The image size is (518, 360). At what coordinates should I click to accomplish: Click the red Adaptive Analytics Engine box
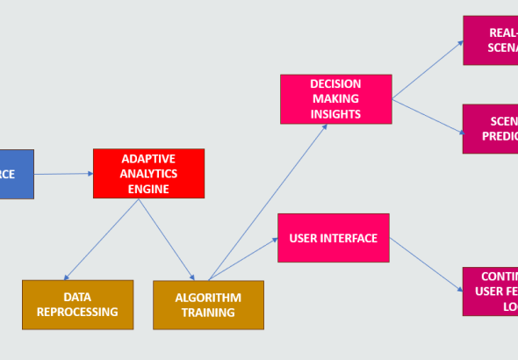148,173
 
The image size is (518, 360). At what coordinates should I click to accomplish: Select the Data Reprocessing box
77,305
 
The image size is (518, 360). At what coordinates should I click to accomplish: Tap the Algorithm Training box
208,305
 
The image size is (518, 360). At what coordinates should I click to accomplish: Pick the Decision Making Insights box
335,98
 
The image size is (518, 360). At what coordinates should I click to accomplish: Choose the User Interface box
334,238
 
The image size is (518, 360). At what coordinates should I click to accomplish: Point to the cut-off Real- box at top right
490,40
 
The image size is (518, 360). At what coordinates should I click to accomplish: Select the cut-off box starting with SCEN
490,128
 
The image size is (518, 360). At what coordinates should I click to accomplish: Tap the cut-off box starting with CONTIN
490,292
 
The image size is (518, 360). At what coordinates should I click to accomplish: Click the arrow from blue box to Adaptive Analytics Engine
63,174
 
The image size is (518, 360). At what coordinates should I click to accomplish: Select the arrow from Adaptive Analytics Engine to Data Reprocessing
101,240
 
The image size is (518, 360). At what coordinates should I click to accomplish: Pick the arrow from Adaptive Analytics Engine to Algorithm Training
167,239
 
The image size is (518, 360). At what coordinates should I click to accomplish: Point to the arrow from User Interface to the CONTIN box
426,263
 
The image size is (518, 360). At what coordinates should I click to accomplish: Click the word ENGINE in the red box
148,188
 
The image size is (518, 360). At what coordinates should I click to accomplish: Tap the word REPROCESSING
77,313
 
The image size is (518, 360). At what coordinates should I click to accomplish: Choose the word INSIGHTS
335,113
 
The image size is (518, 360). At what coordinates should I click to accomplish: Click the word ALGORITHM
208,298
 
